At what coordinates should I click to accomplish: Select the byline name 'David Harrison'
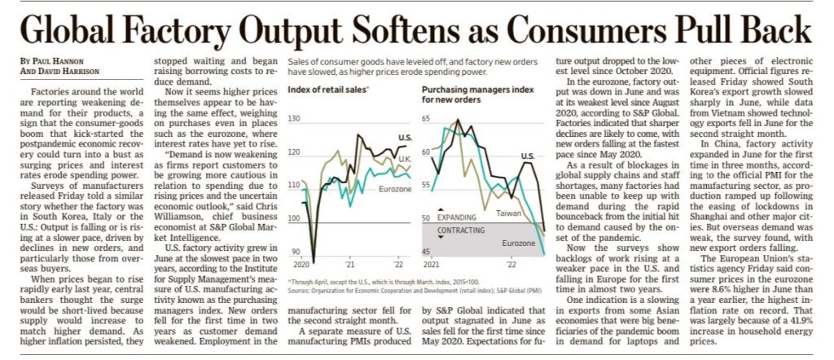point(61,72)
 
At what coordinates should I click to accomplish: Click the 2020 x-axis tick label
point(302,265)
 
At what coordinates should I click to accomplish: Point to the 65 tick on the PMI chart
point(425,119)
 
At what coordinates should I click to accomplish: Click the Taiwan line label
point(511,213)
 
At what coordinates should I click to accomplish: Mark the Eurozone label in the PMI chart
point(518,244)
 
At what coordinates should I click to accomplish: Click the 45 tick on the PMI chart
point(425,252)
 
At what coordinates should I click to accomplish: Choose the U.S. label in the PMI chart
point(528,155)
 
